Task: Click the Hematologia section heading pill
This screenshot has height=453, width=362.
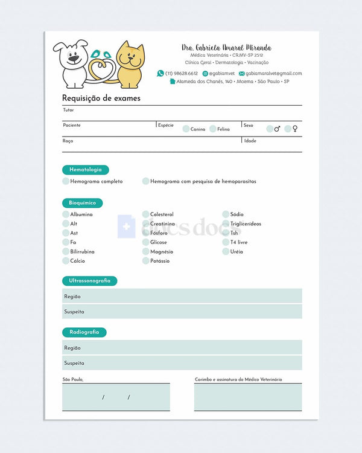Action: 86,170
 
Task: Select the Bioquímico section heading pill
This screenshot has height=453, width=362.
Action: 83,203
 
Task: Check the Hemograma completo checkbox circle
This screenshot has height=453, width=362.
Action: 66,181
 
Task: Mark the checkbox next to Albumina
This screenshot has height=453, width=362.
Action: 66,214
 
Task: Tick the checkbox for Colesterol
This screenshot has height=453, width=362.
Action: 146,214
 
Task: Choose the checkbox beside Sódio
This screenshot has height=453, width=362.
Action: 226,214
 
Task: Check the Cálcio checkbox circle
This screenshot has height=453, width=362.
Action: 66,261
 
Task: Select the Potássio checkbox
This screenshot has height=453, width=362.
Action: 146,261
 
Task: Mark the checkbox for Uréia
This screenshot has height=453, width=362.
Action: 226,251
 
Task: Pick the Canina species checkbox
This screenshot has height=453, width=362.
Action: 186,129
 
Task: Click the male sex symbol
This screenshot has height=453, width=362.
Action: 278,129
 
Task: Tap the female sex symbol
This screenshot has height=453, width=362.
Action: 296,129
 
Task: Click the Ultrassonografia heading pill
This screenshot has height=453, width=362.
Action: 90,281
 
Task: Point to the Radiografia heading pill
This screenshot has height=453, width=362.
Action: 84,332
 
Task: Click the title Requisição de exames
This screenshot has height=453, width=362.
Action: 101,98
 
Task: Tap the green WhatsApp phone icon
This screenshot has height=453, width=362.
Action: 160,73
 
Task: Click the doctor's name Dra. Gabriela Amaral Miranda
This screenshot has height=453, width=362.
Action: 226,48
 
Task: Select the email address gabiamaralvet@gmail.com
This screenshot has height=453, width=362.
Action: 273,74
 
